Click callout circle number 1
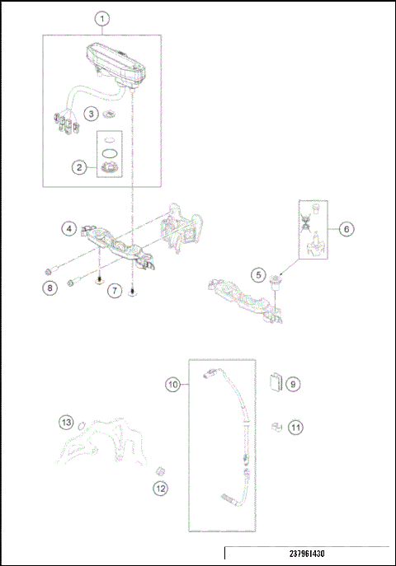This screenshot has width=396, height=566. pyautogui.click(x=101, y=18)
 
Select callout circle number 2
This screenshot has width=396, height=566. pyautogui.click(x=79, y=167)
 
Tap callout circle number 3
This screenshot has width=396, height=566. pyautogui.click(x=93, y=112)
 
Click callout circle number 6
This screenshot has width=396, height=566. pyautogui.click(x=346, y=227)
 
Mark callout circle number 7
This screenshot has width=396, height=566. pyautogui.click(x=115, y=290)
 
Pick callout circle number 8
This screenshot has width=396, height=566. pyautogui.click(x=49, y=288)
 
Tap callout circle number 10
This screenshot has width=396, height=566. pyautogui.click(x=172, y=384)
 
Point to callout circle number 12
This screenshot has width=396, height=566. pyautogui.click(x=159, y=489)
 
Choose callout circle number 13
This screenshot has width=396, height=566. pyautogui.click(x=66, y=423)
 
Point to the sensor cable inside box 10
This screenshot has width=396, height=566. pyautogui.click(x=239, y=428)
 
